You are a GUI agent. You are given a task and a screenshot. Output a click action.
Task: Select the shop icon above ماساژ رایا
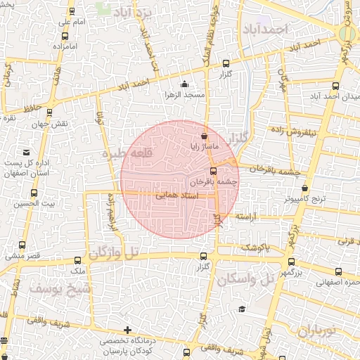204,136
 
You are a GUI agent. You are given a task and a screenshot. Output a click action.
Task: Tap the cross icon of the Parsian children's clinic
127,330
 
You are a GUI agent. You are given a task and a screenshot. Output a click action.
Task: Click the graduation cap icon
242,309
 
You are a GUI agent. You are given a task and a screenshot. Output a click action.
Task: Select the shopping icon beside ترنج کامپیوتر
304,188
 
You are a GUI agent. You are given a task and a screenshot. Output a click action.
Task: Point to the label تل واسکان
246,280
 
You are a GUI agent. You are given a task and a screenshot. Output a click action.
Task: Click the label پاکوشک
255,247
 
